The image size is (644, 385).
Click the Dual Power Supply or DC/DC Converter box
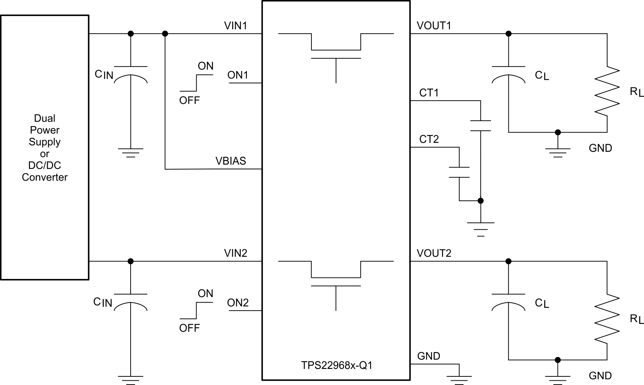click(45, 147)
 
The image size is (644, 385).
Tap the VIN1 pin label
click(235, 26)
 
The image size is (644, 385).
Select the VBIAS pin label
click(230, 161)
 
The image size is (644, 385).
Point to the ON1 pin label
click(238, 75)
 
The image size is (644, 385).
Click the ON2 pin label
click(238, 303)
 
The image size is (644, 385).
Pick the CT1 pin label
click(429, 93)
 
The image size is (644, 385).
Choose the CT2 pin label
click(429, 139)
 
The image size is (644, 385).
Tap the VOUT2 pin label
click(434, 253)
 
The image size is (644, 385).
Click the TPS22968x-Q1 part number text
click(336, 365)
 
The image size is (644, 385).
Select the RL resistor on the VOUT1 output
click(607, 91)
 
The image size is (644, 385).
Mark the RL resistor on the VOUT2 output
click(607, 319)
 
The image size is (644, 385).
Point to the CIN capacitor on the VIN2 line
click(131, 302)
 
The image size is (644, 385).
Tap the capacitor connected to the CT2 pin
click(459, 172)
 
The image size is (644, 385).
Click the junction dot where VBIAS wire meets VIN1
click(165, 34)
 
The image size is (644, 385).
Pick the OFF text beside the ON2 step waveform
click(189, 328)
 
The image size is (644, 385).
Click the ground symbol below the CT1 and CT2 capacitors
click(481, 227)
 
